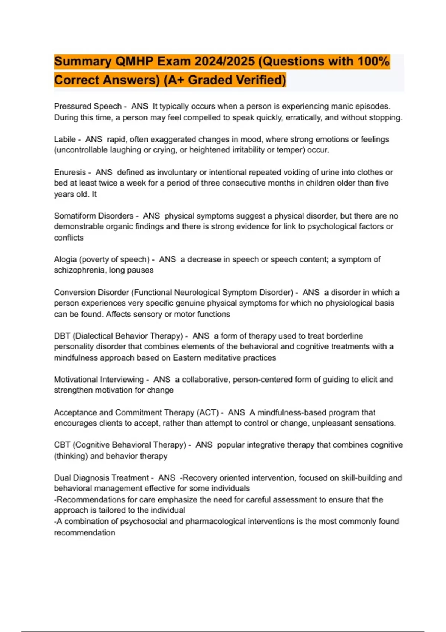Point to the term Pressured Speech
point(88,106)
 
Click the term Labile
point(65,139)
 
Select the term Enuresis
point(70,172)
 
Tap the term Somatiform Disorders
point(94,216)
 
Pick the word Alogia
point(65,259)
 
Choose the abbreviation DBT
point(62,336)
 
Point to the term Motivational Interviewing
point(99,380)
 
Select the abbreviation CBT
point(62,445)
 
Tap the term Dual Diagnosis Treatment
point(101,478)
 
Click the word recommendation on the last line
point(84,533)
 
